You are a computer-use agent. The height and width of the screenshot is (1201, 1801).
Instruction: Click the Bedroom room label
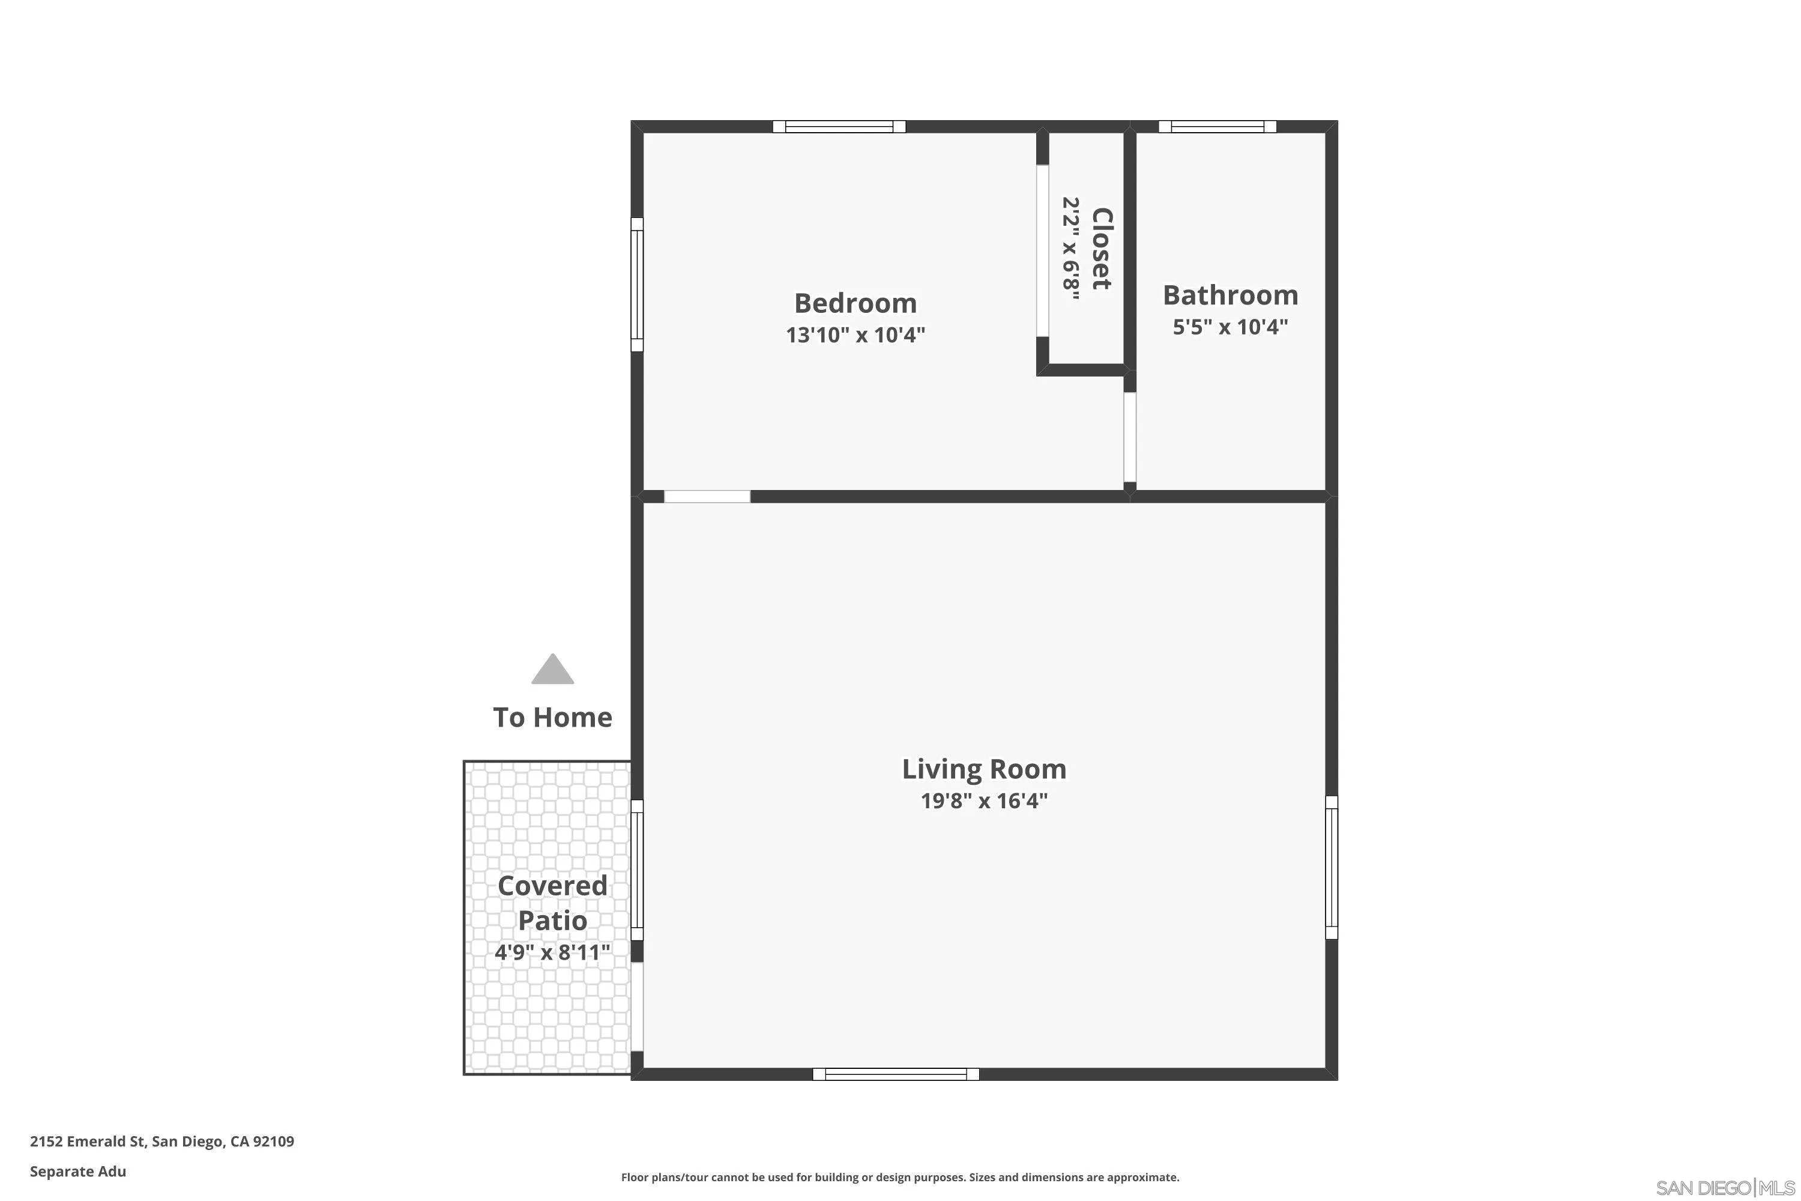pos(855,303)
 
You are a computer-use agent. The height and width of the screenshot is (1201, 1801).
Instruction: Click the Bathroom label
pos(1229,295)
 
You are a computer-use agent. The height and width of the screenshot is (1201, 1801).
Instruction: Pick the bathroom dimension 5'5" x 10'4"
pos(1229,328)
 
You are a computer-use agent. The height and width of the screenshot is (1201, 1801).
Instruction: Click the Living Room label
pos(983,769)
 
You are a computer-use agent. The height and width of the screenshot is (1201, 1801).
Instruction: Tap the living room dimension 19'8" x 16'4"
pos(983,801)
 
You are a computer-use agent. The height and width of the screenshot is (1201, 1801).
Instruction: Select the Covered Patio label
pos(552,903)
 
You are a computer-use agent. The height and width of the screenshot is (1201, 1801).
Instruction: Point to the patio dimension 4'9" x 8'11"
pos(552,952)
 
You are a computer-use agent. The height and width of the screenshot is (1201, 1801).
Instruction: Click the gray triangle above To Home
pos(553,670)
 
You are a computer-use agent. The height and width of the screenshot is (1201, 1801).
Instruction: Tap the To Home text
pos(552,718)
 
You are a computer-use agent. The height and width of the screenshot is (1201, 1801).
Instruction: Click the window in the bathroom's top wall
pos(1217,126)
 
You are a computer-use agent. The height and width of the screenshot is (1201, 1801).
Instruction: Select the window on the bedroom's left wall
pos(637,284)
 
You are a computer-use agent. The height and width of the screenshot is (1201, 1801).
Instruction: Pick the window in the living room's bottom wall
pos(895,1074)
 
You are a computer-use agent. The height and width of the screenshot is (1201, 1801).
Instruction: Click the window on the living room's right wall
pos(1332,867)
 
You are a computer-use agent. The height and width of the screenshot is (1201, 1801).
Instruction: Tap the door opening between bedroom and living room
pos(707,497)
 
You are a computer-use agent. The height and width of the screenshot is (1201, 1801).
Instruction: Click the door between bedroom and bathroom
pos(1129,437)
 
